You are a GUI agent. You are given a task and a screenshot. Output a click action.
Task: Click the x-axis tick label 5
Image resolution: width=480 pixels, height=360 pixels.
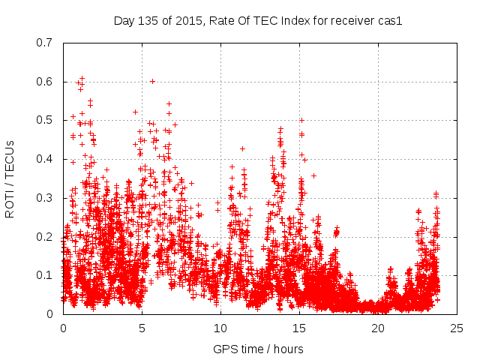pyautogui.click(x=142, y=328)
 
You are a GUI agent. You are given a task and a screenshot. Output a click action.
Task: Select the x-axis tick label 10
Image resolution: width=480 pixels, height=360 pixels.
pyautogui.click(x=220, y=328)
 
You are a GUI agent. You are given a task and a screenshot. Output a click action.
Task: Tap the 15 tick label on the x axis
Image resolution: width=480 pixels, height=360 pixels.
pyautogui.click(x=299, y=328)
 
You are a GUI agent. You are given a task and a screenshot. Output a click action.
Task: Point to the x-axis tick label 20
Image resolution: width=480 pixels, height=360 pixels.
pyautogui.click(x=378, y=328)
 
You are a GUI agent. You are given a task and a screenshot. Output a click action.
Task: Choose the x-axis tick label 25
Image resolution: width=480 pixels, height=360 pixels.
pyautogui.click(x=457, y=328)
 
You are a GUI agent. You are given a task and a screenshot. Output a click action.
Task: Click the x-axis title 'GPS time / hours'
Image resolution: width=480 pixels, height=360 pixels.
pyautogui.click(x=258, y=349)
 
